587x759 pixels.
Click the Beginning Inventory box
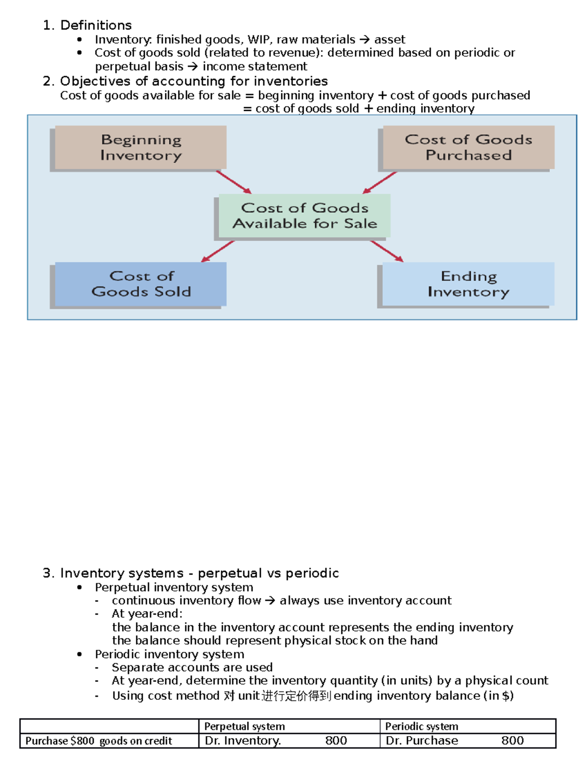(x=140, y=147)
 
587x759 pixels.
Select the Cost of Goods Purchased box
(x=468, y=147)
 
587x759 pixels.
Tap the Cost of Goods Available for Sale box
(x=304, y=216)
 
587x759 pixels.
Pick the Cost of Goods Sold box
(x=140, y=284)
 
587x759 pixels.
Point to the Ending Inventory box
(x=468, y=284)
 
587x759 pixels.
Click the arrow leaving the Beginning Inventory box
(x=234, y=182)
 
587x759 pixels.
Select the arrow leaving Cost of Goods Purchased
(x=380, y=182)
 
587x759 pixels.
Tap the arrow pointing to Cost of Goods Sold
(x=218, y=251)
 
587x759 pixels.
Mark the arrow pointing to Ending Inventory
(x=387, y=251)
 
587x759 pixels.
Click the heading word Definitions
(x=96, y=25)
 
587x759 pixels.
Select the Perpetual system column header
(x=245, y=726)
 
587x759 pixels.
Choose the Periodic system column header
(x=422, y=726)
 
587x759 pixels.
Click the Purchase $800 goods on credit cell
(x=99, y=741)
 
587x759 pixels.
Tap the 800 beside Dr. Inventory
(x=336, y=741)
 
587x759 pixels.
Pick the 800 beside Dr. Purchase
(x=512, y=741)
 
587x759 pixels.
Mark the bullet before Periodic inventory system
(x=80, y=654)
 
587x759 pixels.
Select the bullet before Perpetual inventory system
(x=80, y=587)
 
